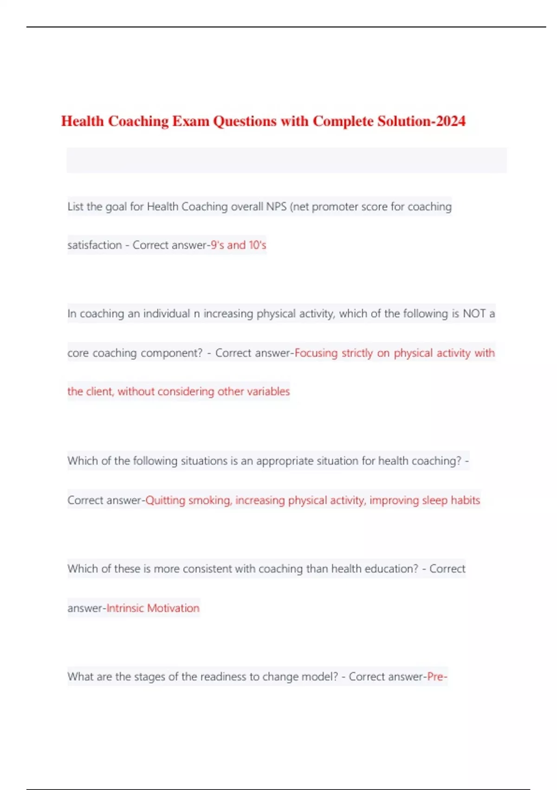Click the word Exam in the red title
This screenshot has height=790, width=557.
(191, 121)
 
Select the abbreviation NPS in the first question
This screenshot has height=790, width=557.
(276, 206)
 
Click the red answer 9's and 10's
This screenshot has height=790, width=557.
(239, 245)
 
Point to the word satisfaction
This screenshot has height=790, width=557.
(95, 245)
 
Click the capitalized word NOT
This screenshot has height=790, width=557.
(474, 314)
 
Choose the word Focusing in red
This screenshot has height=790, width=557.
(316, 353)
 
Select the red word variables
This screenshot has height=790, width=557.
(268, 391)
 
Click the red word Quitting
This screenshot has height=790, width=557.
(165, 500)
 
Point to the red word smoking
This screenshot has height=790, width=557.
(210, 500)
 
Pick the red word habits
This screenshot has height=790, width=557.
(465, 500)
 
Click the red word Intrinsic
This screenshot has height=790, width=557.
(125, 608)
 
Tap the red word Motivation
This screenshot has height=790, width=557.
(173, 608)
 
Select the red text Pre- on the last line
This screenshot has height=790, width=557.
(437, 677)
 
